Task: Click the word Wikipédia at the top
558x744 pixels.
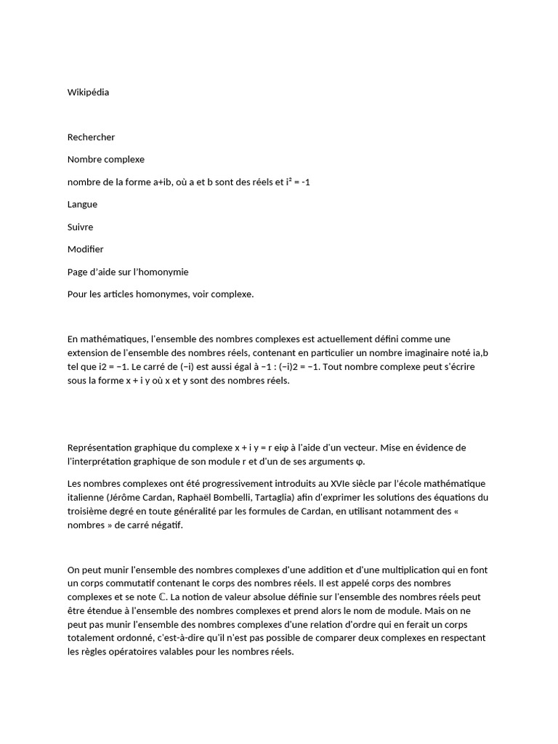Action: coord(88,92)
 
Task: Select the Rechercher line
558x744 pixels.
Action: coord(91,137)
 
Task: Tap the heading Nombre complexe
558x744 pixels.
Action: coord(106,160)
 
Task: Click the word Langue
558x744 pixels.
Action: coord(82,205)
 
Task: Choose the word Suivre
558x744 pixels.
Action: coord(80,227)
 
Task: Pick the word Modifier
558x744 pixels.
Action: coord(86,250)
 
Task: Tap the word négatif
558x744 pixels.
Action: coord(163,525)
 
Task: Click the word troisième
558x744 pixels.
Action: coord(90,511)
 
